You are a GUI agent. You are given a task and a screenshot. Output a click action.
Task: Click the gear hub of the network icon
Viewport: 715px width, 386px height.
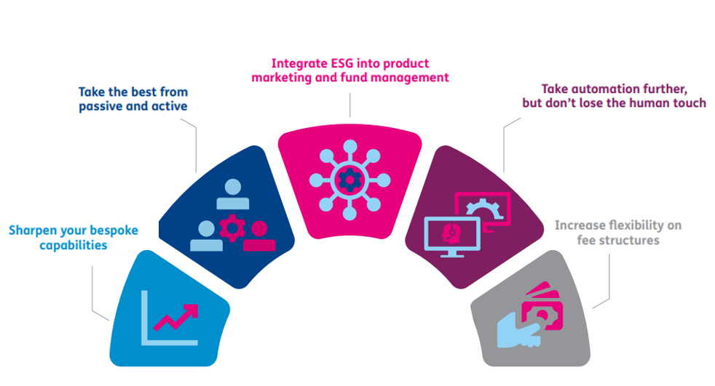point(349,177)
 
